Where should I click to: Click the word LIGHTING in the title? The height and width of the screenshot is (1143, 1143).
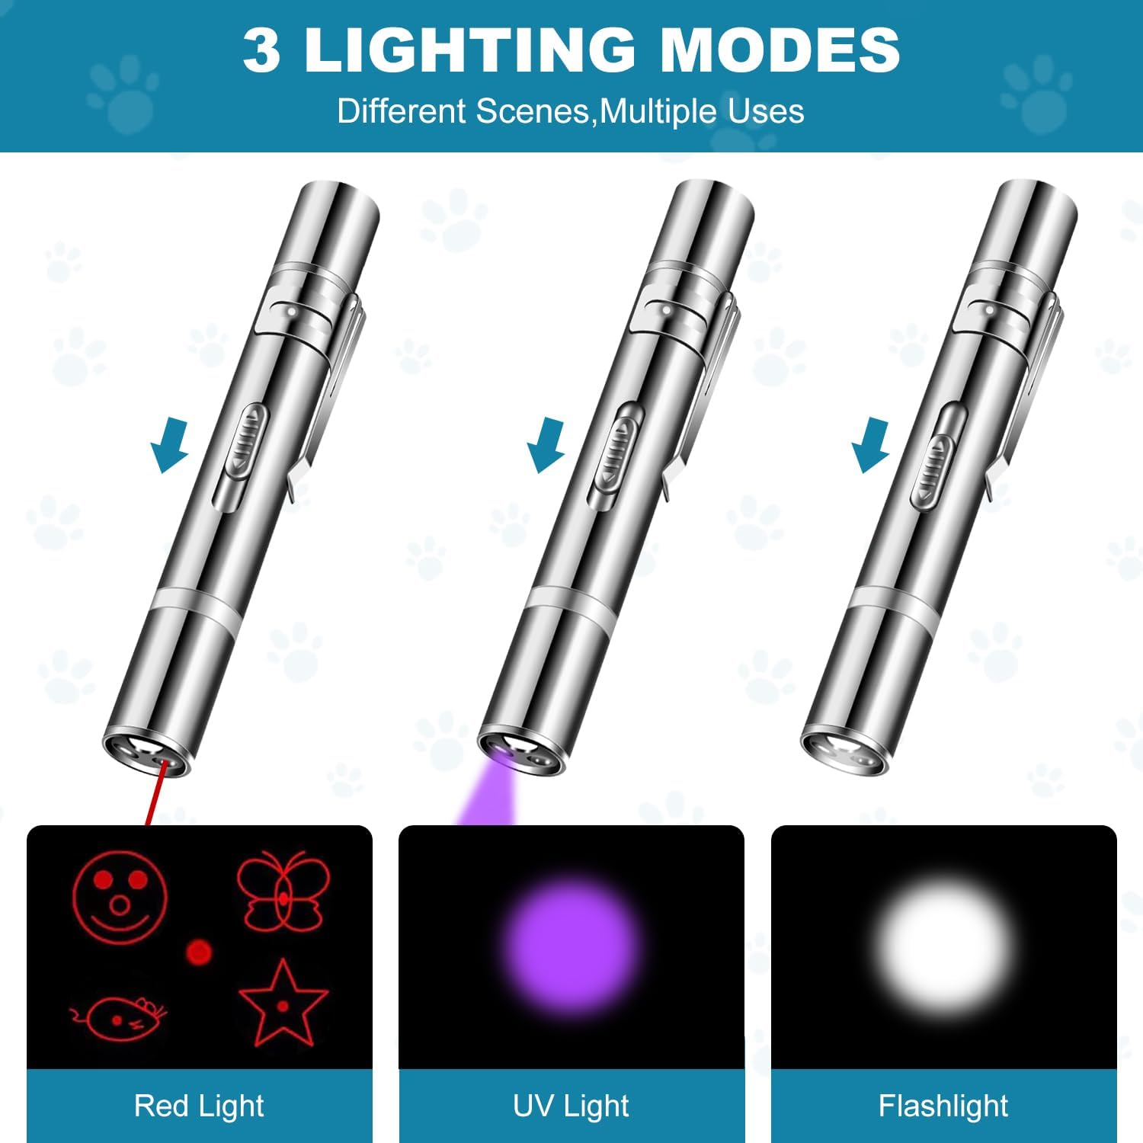point(469,50)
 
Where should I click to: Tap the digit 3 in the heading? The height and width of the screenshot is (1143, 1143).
point(261,50)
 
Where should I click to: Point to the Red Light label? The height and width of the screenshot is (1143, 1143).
point(199,1106)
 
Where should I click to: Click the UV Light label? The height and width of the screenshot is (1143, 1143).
point(571,1106)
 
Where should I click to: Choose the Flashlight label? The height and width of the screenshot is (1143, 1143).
point(943,1106)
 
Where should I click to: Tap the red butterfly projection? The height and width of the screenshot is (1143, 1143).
point(283,892)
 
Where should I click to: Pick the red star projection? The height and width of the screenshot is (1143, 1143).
point(283,1004)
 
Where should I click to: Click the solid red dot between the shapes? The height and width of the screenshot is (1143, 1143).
point(199,952)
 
